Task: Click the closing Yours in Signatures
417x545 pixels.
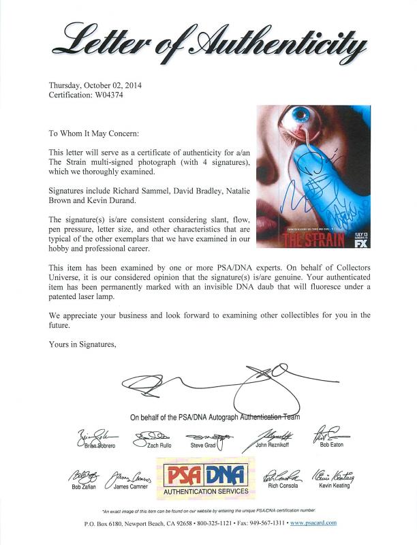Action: point(82,344)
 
